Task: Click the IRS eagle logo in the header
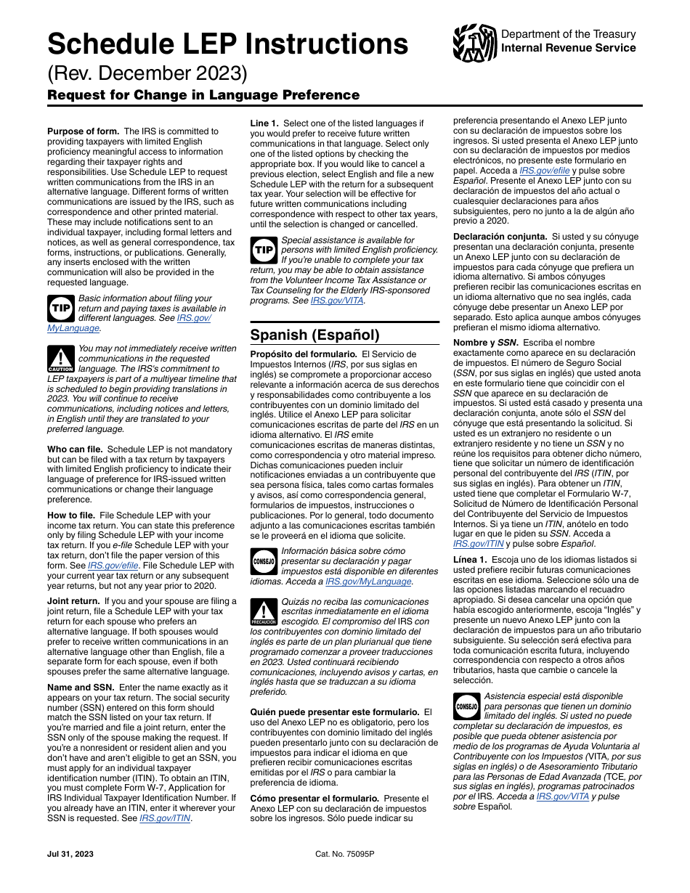coord(474,43)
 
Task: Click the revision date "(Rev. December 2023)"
coord(147,74)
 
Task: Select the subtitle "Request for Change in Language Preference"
coord(203,95)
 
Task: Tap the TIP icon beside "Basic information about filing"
coord(60,309)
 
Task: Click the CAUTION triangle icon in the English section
coord(61,359)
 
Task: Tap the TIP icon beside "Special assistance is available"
coord(263,250)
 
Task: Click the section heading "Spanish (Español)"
coord(314,335)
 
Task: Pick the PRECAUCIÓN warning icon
coord(264,612)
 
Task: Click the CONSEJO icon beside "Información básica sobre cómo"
coord(264,561)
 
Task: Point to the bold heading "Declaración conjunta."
coord(500,237)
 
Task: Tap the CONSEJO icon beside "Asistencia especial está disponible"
coord(466,706)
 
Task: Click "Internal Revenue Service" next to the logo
coord(569,48)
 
